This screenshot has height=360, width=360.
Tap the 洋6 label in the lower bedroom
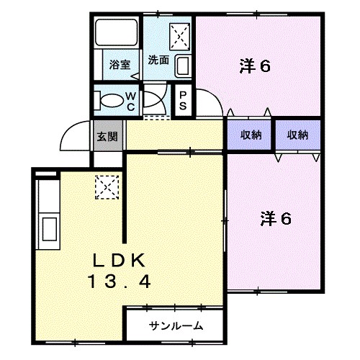click(275, 218)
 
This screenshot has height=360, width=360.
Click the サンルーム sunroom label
click(176, 325)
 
